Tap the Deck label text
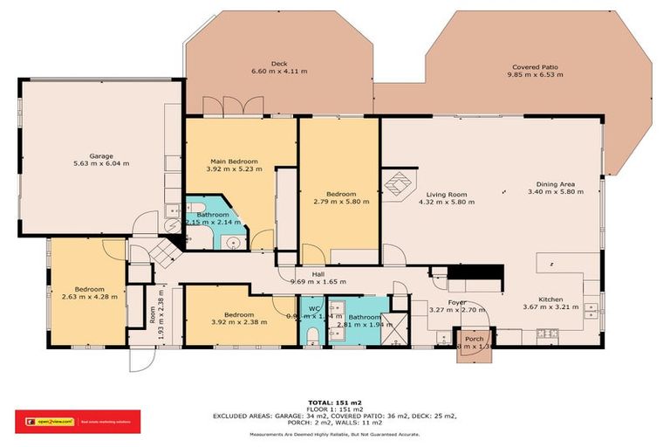click(279, 64)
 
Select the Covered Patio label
click(537, 68)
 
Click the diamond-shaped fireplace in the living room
click(399, 186)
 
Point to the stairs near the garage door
click(162, 256)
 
